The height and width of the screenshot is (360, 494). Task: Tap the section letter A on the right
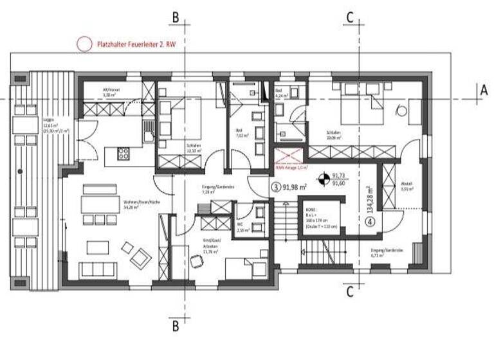click(483, 90)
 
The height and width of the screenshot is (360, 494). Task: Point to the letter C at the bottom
click(349, 292)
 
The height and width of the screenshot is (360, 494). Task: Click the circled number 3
click(276, 187)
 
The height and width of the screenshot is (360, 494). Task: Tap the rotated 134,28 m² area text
click(370, 199)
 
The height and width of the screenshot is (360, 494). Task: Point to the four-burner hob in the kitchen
click(123, 154)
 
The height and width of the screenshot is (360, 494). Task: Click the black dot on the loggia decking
click(21, 172)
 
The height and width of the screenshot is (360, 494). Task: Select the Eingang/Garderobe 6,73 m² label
click(387, 251)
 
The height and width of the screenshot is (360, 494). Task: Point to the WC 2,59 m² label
click(242, 228)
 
